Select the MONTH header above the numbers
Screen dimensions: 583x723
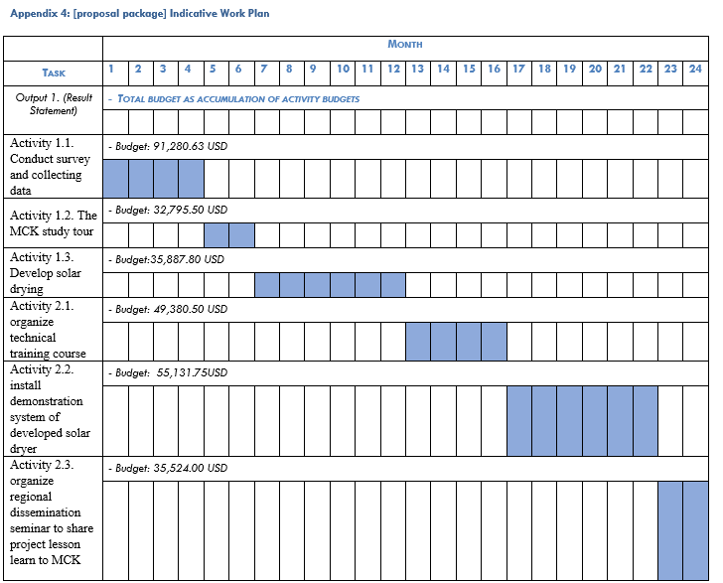[x=405, y=45]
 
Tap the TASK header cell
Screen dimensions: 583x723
[x=54, y=73]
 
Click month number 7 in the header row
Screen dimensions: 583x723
[x=263, y=70]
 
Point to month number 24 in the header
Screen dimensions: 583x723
[x=695, y=70]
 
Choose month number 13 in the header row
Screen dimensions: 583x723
[x=417, y=70]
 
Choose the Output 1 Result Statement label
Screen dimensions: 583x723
[x=54, y=103]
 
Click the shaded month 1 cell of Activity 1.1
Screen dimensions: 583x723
[x=115, y=179]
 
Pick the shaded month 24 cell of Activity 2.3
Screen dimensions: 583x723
[x=695, y=529]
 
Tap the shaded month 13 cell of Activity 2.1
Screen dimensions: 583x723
[x=417, y=341]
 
